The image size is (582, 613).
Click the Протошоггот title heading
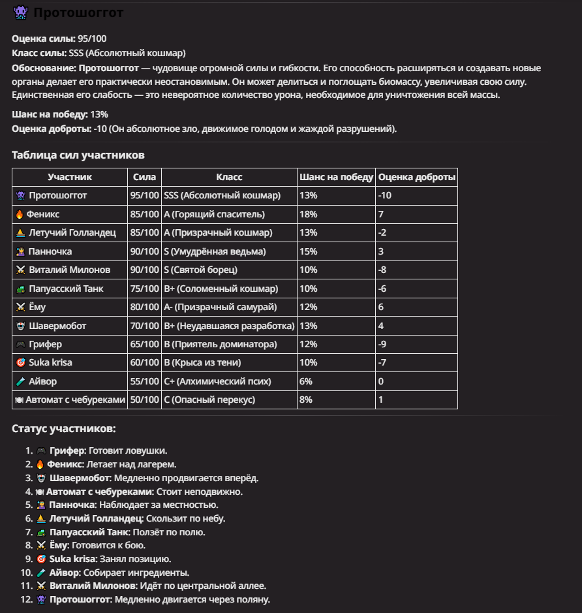tap(78, 12)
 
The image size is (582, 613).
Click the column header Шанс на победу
tap(336, 177)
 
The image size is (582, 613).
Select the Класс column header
tap(229, 177)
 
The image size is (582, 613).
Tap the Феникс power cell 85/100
tap(144, 214)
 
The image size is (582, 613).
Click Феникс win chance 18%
tap(308, 214)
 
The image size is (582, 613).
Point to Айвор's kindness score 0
tap(380, 381)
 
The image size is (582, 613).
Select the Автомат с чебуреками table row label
tap(75, 400)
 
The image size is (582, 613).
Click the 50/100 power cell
tap(144, 400)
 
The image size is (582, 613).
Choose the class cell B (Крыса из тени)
tap(202, 362)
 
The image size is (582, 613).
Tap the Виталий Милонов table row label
tap(70, 270)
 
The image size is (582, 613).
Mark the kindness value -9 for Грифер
tap(383, 344)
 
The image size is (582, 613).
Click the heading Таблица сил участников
tap(78, 155)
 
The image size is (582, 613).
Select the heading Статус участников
tap(64, 428)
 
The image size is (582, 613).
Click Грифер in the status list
tap(67, 450)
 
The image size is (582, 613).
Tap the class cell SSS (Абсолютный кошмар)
tap(222, 195)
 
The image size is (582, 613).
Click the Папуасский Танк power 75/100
tap(144, 289)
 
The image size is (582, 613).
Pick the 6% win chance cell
tap(305, 381)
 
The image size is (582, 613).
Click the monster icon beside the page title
tap(20, 12)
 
